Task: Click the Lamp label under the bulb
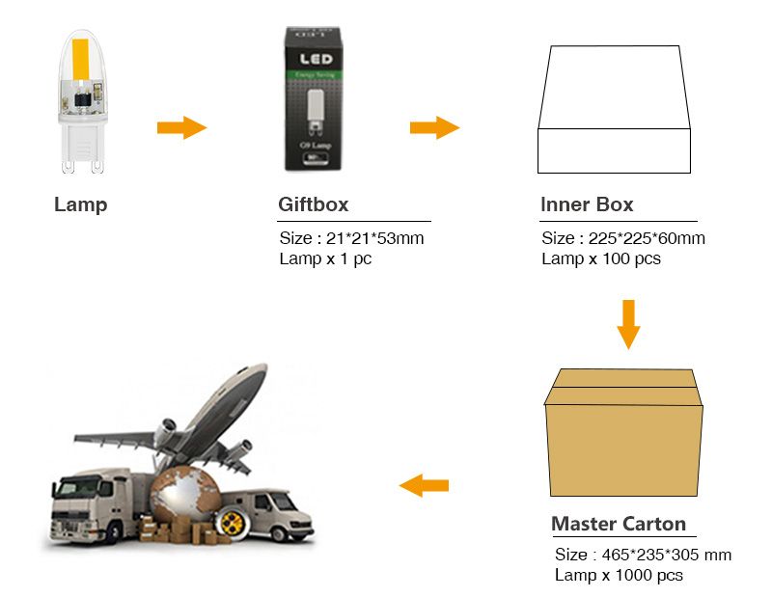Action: (81, 204)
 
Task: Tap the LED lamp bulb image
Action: (81, 101)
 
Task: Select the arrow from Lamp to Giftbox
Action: (181, 127)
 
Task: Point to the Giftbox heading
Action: (313, 204)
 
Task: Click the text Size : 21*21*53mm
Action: (351, 238)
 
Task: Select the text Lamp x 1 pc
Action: (325, 258)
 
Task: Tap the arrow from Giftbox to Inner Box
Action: (434, 127)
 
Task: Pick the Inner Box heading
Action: (587, 204)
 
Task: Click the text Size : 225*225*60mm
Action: (622, 238)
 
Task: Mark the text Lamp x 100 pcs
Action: (600, 258)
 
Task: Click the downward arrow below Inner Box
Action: (628, 324)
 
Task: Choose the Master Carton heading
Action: (619, 524)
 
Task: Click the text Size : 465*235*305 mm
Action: (643, 555)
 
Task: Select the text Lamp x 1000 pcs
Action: (619, 575)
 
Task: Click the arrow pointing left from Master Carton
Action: (425, 485)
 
